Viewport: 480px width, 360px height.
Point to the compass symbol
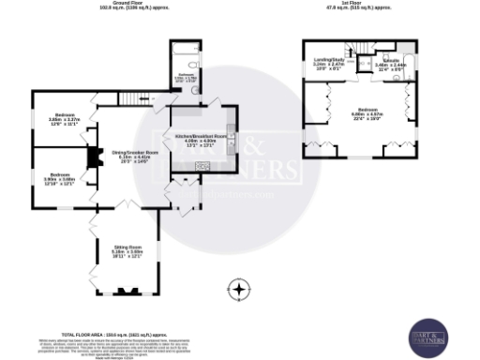tap(241, 290)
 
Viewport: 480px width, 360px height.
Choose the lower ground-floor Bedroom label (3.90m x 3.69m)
tap(62, 179)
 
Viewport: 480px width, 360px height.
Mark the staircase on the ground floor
tap(137, 98)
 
